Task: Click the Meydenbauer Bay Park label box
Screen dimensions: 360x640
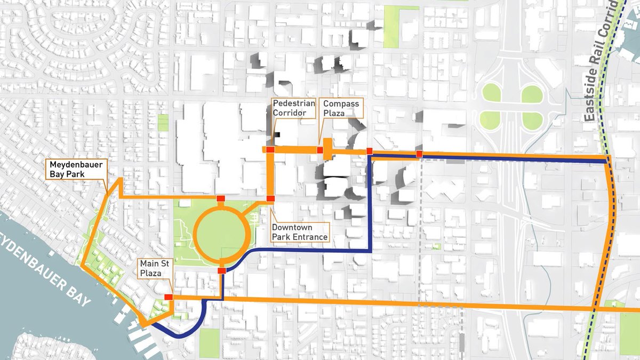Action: [x=75, y=169]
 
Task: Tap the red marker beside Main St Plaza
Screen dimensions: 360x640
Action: [x=169, y=297]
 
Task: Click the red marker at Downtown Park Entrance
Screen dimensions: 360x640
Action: [x=270, y=199]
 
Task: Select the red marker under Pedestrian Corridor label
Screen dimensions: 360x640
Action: [x=270, y=150]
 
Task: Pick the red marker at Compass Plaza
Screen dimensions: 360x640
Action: [x=319, y=150]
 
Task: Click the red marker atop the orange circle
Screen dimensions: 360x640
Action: [x=221, y=199]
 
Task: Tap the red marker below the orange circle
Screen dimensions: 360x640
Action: [x=222, y=270]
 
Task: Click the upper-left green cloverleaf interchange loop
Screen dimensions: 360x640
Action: [x=491, y=94]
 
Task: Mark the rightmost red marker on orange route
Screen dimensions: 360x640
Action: [x=419, y=154]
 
